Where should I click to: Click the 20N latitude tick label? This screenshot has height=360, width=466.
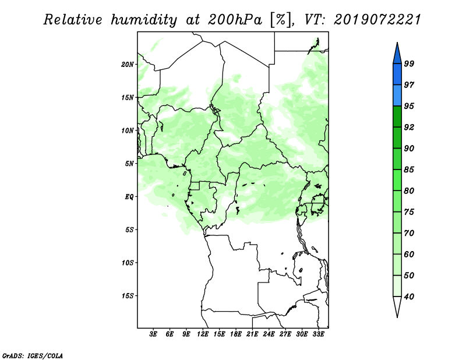127,64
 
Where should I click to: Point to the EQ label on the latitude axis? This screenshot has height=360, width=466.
129,196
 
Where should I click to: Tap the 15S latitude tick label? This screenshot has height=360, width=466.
127,296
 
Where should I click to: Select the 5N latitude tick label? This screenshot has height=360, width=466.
129,164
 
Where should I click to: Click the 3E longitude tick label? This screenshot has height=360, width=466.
153,334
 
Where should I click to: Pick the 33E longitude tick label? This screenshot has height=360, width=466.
318,334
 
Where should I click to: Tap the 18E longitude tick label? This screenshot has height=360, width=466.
236,334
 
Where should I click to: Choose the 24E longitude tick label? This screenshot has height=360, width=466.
269,334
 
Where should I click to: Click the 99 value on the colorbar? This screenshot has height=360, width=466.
409,63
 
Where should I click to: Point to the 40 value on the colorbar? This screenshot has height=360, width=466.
409,297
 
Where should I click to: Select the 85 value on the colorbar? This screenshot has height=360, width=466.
409,170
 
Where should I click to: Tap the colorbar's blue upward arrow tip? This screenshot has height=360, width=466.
397,43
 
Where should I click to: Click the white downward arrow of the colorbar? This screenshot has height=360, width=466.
397,307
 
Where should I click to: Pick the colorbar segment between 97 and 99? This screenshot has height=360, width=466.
397,75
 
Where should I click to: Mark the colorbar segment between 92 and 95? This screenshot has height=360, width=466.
397,117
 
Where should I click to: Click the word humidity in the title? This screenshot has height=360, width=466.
144,20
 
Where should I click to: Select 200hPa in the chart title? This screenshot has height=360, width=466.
235,20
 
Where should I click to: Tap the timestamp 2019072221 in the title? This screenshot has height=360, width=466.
377,20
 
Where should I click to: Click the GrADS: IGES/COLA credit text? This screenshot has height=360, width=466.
33,355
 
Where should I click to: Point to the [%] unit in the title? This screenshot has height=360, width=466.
281,20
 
